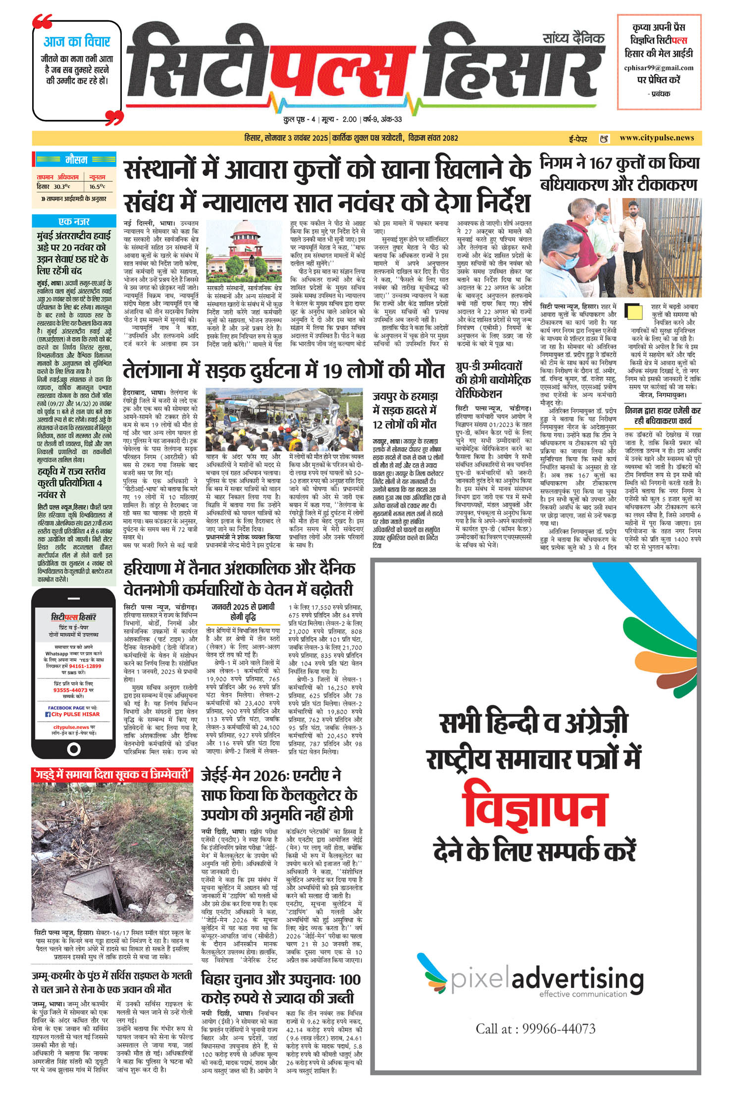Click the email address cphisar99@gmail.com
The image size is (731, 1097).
tap(659, 68)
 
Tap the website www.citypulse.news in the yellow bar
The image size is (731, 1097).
tap(657, 138)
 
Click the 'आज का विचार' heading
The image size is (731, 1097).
tap(77, 42)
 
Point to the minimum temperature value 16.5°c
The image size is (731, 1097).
tap(97, 187)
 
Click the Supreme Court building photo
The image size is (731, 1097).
tap(244, 251)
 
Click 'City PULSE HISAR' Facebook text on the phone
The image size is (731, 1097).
tap(75, 714)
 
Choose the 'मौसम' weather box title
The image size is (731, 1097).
tap(76, 160)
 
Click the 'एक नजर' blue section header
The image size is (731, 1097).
tap(74, 221)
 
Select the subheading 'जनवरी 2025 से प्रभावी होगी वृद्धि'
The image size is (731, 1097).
tap(243, 612)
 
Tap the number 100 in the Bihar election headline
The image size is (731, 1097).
tap(350, 979)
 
